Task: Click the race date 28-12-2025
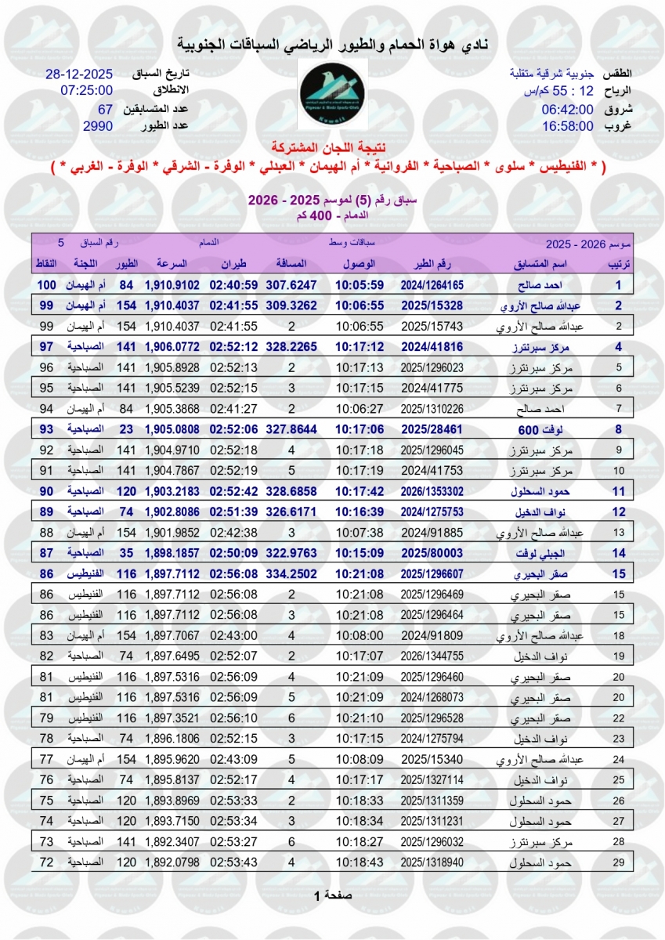point(79,74)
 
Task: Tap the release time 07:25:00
point(86,91)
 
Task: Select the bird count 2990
point(98,125)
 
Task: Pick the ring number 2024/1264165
point(432,285)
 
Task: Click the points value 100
point(47,285)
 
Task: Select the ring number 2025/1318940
point(432,862)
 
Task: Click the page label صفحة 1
point(332,895)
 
